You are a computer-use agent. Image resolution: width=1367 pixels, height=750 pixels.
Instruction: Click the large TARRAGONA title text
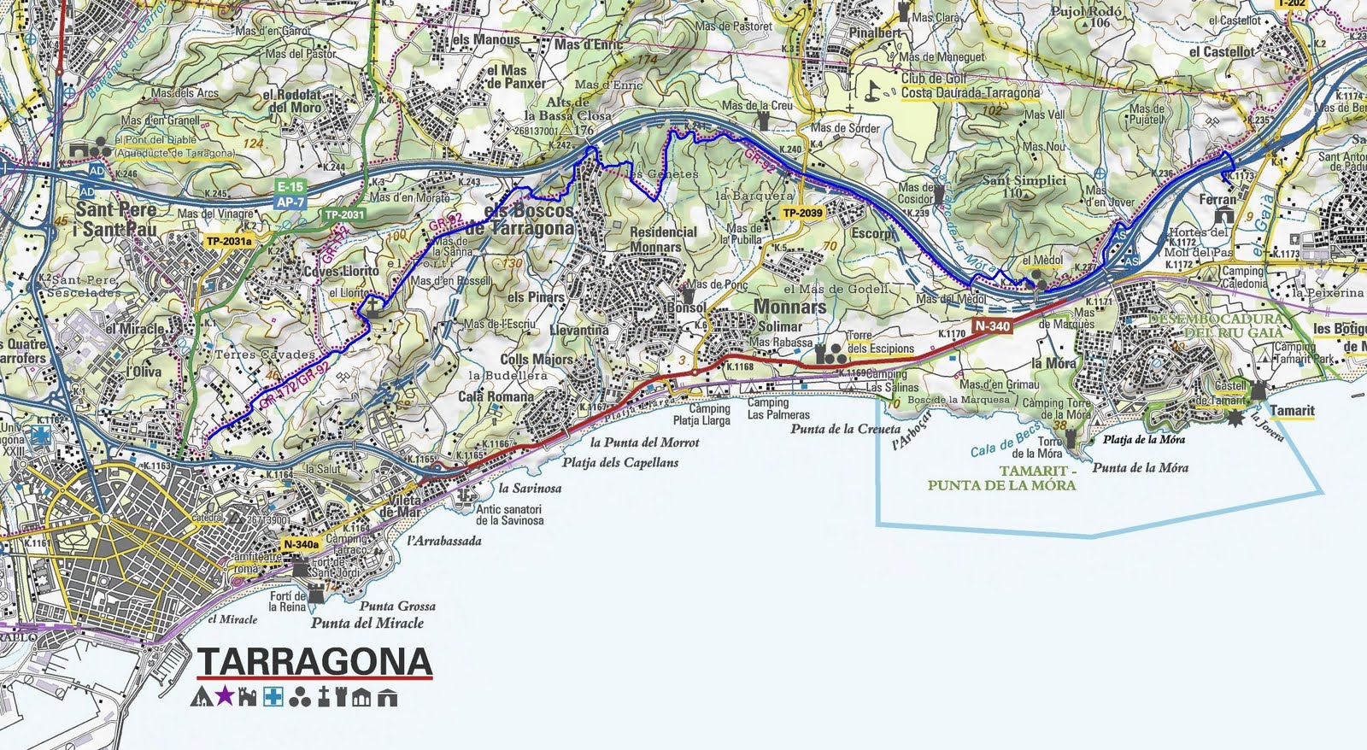(x=314, y=662)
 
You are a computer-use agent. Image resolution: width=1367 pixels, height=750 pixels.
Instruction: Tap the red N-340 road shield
(x=992, y=325)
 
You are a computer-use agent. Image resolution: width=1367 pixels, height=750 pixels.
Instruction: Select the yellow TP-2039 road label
(x=803, y=213)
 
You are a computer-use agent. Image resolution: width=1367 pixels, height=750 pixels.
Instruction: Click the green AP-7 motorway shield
(x=290, y=200)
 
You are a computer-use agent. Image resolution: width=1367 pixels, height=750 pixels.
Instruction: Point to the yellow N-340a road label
(x=302, y=542)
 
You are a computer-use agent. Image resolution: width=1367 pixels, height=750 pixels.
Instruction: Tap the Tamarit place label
(x=1292, y=410)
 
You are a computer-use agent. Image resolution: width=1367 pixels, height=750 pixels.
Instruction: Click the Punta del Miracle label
(x=367, y=623)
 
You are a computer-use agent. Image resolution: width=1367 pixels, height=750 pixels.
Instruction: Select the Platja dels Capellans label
(x=620, y=462)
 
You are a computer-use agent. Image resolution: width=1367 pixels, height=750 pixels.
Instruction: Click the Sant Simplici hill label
(x=1024, y=181)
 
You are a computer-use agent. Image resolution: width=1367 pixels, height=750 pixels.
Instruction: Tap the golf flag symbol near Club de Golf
(x=873, y=87)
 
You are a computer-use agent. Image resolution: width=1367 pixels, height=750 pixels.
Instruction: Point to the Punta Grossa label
(x=397, y=606)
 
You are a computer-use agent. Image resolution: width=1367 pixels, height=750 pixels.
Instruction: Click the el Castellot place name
(x=1222, y=51)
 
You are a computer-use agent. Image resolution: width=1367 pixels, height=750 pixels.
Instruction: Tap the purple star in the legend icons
(x=224, y=696)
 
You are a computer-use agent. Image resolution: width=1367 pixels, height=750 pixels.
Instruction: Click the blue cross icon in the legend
(x=273, y=697)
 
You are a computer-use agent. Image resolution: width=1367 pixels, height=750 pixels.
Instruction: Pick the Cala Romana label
(x=484, y=396)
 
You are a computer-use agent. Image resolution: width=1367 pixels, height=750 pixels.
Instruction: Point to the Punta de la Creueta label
(x=845, y=429)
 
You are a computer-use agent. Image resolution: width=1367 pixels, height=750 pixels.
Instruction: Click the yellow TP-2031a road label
(x=230, y=242)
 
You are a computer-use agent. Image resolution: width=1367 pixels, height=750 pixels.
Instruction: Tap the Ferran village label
(x=1217, y=199)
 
